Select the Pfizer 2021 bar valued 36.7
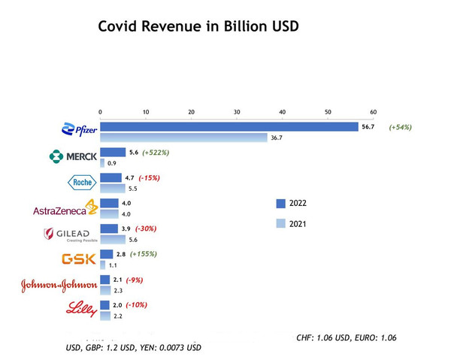[x=183, y=138]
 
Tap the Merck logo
[x=73, y=156]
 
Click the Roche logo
[x=81, y=183]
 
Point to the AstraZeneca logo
[x=65, y=208]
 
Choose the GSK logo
[x=79, y=259]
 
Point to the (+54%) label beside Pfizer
[x=400, y=127]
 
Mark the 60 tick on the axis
[x=373, y=112]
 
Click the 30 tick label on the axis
[x=237, y=112]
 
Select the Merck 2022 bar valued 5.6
[x=113, y=152]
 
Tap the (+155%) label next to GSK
[x=143, y=253]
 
